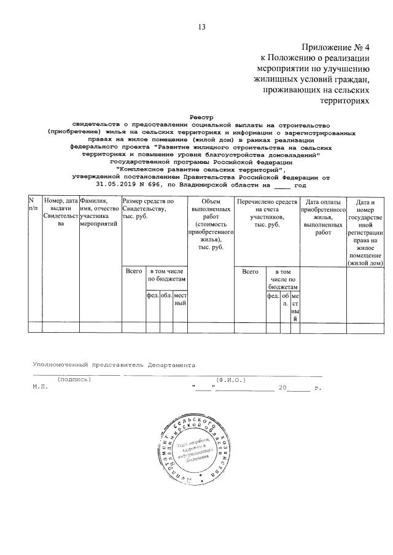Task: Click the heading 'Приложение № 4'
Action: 337,47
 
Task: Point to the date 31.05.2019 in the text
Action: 119,184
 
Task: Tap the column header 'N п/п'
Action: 33,205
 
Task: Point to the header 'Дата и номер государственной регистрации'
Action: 365,232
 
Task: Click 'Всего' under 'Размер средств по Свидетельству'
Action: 133,271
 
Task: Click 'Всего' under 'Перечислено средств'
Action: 250,271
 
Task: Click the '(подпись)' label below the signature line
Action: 74,379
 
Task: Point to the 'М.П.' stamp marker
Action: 38,388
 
